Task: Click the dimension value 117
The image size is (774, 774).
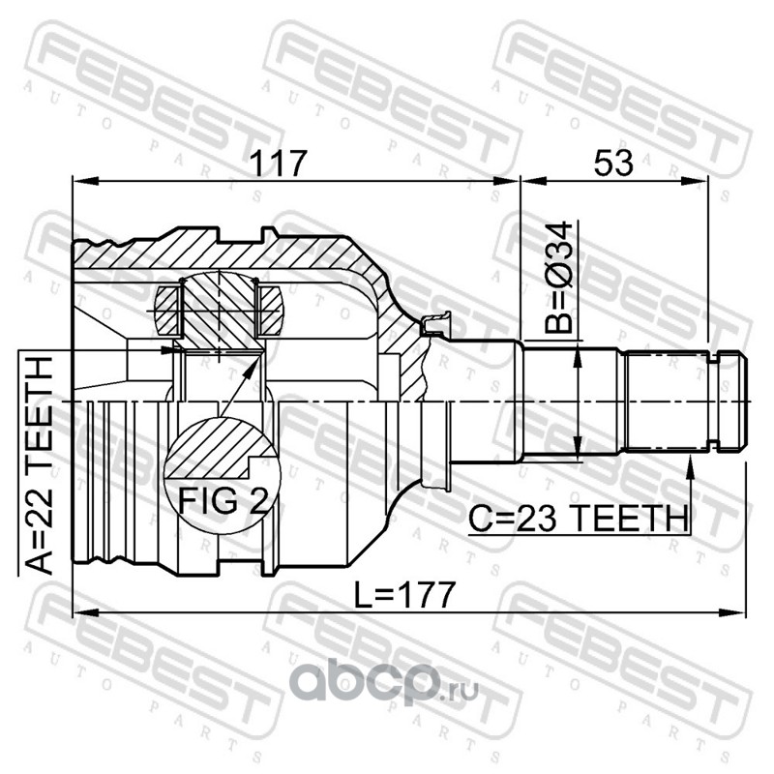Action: click(279, 164)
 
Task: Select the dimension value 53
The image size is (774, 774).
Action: click(613, 164)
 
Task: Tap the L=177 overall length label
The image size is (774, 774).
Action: click(404, 595)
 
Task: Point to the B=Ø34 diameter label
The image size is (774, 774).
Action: click(559, 278)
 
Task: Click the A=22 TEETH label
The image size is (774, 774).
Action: click(39, 465)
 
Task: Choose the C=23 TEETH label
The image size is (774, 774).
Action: click(578, 519)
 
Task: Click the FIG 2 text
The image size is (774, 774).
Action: click(223, 500)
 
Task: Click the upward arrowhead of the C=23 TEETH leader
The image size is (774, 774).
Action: click(691, 467)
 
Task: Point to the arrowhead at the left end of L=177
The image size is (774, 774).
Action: click(84, 613)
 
